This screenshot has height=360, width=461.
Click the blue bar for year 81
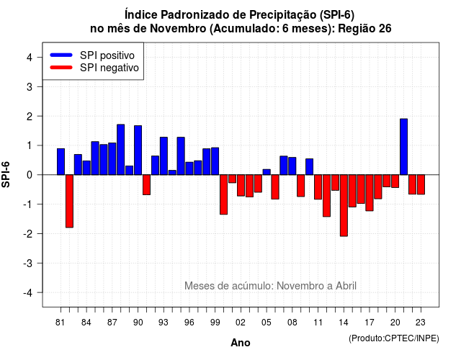point(61,161)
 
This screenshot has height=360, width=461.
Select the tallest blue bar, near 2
point(403,147)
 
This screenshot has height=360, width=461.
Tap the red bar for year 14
point(344,205)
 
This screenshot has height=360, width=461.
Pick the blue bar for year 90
point(138,150)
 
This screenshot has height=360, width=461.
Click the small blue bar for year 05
point(267,172)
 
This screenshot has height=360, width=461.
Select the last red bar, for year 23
point(421,184)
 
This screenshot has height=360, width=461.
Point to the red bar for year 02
point(241,186)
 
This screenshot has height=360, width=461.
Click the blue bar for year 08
point(292,166)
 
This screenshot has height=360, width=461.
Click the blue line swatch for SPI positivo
point(61,55)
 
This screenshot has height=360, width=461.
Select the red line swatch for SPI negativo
point(61,68)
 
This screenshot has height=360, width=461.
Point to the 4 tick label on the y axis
point(30,58)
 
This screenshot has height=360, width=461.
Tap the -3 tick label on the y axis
point(28,263)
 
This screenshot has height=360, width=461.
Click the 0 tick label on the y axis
point(30,175)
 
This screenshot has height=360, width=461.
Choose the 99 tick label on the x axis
point(215,323)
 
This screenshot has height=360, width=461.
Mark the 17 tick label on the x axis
point(370,323)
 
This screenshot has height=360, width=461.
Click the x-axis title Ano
point(241,343)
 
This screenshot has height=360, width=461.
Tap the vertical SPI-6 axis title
point(6,174)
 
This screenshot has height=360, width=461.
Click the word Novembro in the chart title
point(178,29)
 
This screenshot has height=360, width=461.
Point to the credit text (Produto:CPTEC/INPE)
point(394,338)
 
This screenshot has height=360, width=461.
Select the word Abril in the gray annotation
point(346,286)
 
